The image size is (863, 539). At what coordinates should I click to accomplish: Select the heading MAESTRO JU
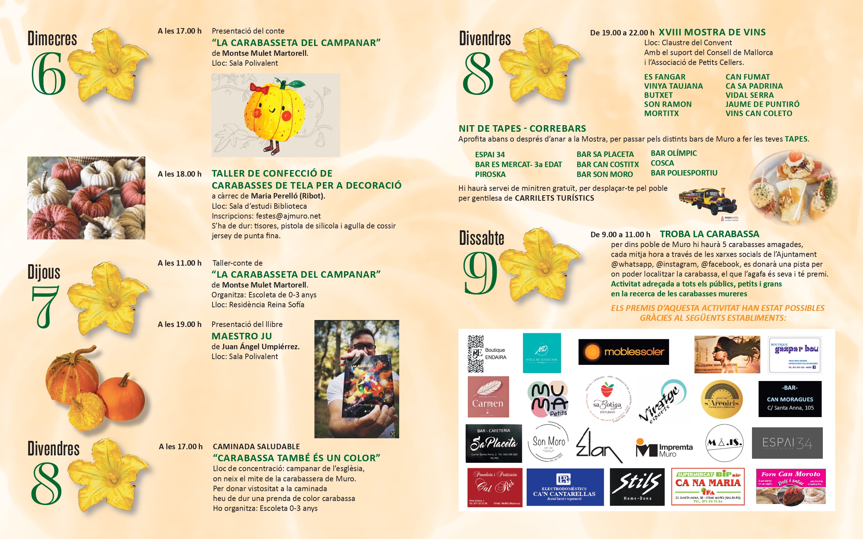(x=241, y=336)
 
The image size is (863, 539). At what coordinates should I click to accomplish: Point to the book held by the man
(x=367, y=387)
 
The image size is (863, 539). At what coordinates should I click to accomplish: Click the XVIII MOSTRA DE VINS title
(x=712, y=32)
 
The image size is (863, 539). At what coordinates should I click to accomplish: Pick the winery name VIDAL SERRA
(x=749, y=95)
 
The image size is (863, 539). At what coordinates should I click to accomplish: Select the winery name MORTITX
(x=661, y=113)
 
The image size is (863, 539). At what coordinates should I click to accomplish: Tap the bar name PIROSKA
(x=490, y=174)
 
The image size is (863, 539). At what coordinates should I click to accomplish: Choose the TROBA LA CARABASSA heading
(x=709, y=234)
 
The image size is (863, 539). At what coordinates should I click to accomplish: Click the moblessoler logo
(x=623, y=352)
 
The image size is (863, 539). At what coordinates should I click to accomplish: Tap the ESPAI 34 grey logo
(x=787, y=443)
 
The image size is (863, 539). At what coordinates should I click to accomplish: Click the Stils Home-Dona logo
(x=637, y=487)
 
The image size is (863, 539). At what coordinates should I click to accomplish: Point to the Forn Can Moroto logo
(x=790, y=487)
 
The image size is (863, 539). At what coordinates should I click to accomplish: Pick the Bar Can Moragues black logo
(x=790, y=399)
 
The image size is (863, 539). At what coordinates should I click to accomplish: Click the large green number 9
(x=480, y=273)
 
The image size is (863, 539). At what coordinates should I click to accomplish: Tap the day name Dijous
(x=44, y=272)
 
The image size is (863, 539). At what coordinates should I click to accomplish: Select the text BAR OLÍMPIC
(x=673, y=153)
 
